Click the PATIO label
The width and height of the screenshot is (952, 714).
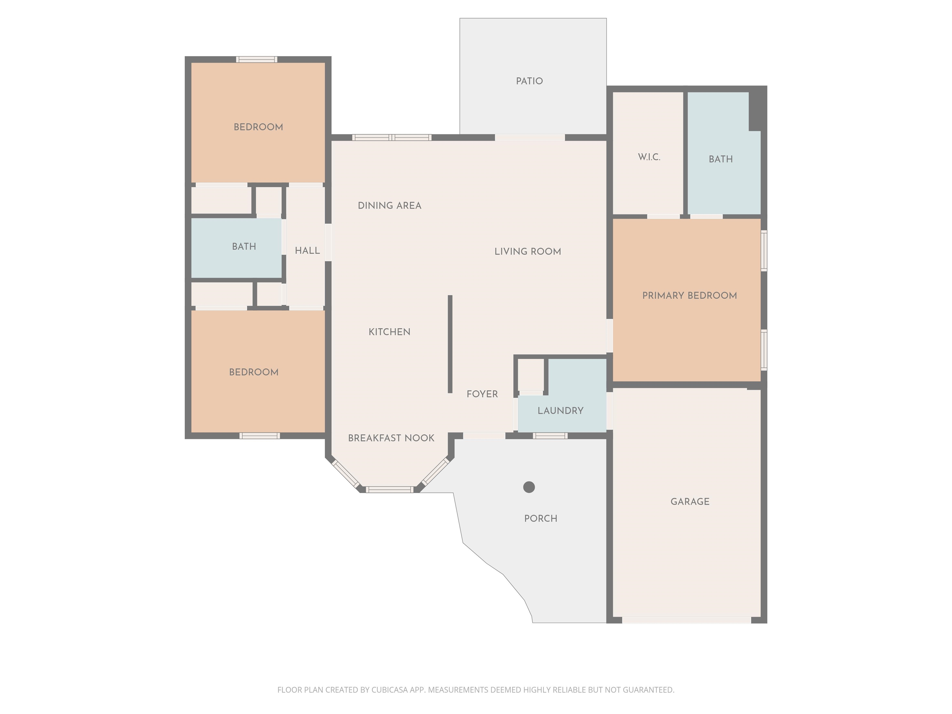click(529, 81)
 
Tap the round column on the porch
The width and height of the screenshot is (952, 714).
click(529, 487)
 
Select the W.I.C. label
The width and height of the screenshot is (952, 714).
click(649, 157)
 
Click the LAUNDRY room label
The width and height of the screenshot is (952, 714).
click(560, 411)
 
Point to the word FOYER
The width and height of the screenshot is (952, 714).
click(482, 394)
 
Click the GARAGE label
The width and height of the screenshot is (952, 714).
click(690, 501)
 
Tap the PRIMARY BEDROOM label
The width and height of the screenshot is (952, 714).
click(690, 295)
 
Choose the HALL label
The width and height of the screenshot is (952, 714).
click(307, 250)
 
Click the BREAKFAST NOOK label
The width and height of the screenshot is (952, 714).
click(391, 438)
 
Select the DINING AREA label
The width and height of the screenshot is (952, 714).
click(390, 206)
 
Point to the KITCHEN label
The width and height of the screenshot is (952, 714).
click(390, 332)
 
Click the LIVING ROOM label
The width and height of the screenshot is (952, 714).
click(528, 251)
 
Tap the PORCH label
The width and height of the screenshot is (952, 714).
click(540, 518)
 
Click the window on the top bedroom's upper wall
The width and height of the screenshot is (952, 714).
click(257, 59)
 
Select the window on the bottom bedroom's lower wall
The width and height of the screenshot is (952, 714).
click(259, 436)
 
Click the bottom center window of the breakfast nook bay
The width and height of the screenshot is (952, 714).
click(390, 489)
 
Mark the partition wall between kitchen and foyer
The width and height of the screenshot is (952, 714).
click(450, 344)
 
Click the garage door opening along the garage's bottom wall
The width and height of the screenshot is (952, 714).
click(686, 620)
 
